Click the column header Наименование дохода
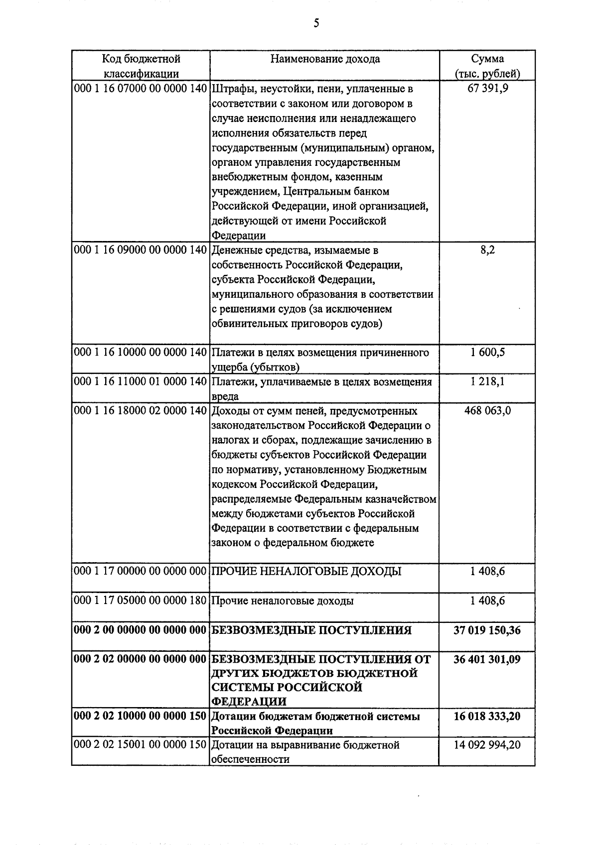(x=325, y=59)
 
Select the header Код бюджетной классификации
(x=141, y=66)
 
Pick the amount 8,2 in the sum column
(x=487, y=250)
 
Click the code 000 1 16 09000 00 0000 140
(x=140, y=250)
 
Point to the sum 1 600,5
(x=487, y=353)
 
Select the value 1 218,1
(x=487, y=382)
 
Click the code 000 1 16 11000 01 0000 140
(x=140, y=382)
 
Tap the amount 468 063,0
(x=487, y=411)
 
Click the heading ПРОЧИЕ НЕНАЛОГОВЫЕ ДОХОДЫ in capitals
(x=306, y=572)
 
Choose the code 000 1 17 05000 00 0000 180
(x=140, y=601)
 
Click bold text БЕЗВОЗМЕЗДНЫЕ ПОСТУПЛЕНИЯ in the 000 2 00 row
(x=312, y=630)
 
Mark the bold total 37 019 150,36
(x=487, y=630)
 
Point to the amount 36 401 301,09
(x=487, y=660)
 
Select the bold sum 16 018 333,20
(x=487, y=717)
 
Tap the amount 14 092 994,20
(x=487, y=745)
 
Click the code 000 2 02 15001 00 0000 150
(x=140, y=745)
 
